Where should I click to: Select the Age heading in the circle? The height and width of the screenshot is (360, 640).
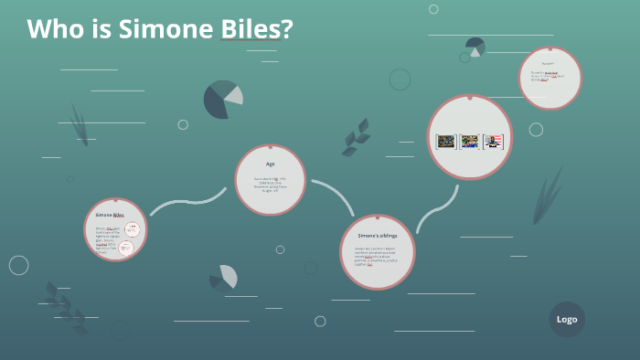pos(270,164)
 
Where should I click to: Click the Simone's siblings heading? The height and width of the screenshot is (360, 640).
pos(377,236)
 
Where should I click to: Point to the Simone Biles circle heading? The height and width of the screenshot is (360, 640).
pos(110,215)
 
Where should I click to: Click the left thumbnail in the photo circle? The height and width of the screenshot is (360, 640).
pos(446,142)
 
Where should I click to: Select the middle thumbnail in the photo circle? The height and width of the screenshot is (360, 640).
pos(470,142)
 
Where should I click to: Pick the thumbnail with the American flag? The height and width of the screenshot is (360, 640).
pos(494,142)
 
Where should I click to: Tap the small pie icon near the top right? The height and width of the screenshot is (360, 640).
pos(475,46)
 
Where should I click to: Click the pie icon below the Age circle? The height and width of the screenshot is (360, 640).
pos(224,277)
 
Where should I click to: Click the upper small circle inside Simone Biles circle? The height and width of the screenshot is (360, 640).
pos(132,229)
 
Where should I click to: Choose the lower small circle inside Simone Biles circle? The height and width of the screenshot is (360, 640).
pos(127,248)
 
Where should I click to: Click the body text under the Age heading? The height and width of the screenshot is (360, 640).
pos(270,185)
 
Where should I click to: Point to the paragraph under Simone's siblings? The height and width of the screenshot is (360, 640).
pos(377,257)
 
